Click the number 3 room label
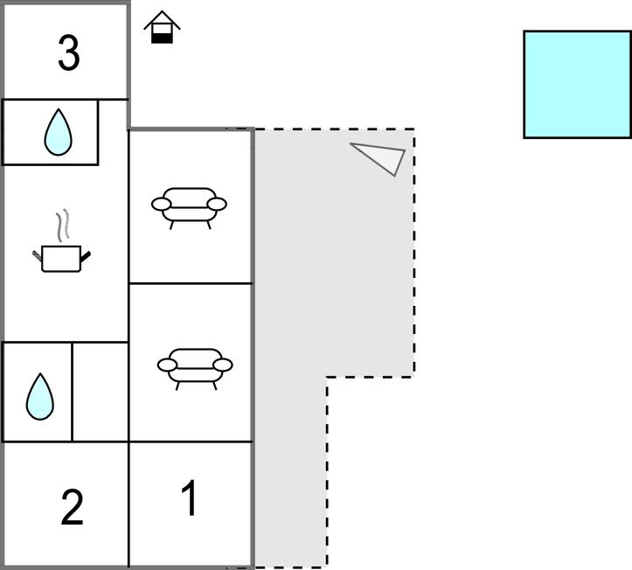coord(69,52)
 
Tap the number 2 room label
coord(73,507)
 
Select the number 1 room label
coord(189,497)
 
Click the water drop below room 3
coord(58,132)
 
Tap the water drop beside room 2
coord(40,397)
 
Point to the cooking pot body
coord(61,259)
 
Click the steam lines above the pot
coord(62,226)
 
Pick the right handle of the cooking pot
coord(86,256)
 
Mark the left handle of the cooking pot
coord(37,255)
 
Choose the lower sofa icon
coord(195,369)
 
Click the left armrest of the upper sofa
coord(161,205)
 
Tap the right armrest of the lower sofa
coord(223,365)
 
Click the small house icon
coord(162,27)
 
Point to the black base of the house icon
coord(162,38)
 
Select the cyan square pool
coord(578,85)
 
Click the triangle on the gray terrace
coord(381,157)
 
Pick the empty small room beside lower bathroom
coord(101,392)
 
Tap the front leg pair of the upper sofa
coord(191,226)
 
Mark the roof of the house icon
coord(162,19)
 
